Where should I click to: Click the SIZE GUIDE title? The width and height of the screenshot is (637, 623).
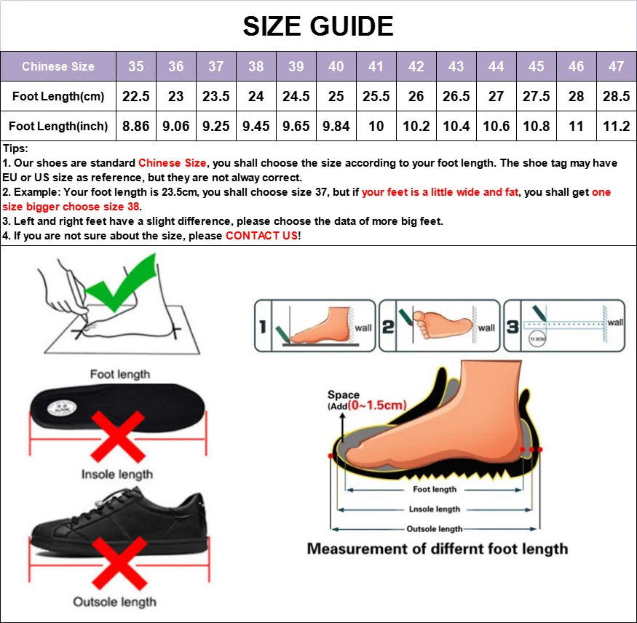318,27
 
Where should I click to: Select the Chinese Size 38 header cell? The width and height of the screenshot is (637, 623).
256,66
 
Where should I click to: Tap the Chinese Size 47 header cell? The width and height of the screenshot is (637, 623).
616,66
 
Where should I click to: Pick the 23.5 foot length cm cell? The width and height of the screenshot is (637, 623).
215,96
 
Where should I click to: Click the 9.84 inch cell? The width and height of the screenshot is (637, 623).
336,126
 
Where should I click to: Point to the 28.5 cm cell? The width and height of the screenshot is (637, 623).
616,96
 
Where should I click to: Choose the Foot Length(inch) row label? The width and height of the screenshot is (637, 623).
58,126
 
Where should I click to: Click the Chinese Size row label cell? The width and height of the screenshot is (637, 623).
58,66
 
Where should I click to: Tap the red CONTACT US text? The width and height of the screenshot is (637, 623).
261,236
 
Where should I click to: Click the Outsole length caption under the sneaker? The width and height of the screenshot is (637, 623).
114,602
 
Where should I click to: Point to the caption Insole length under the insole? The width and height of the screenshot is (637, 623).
117,475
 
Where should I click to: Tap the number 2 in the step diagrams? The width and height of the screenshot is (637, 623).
388,327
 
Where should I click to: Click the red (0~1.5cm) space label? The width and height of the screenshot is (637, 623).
376,405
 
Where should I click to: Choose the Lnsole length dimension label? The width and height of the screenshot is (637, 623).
435,509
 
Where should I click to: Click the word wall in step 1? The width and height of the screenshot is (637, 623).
363,328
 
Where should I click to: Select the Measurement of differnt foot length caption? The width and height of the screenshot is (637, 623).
437,549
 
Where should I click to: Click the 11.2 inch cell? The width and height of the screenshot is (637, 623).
616,126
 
